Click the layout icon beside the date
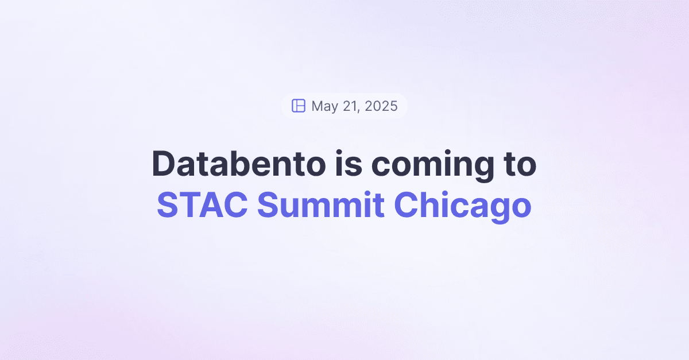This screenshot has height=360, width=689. (x=298, y=106)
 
